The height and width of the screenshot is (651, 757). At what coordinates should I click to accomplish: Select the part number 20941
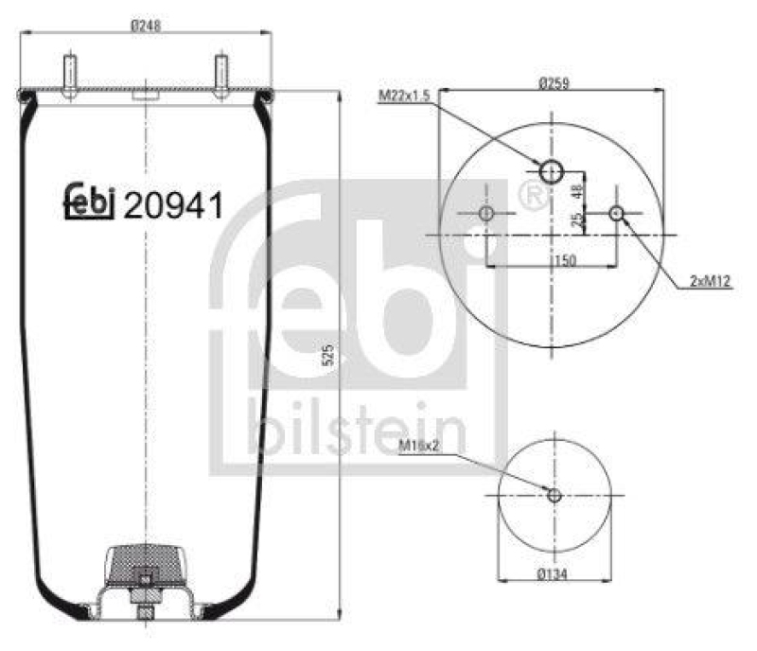173,204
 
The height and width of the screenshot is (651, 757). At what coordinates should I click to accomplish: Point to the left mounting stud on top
71,76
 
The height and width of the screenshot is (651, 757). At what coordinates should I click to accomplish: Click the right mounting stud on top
220,76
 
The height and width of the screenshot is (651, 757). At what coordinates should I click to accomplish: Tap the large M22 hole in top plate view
552,171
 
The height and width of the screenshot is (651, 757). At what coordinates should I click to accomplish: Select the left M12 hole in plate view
486,214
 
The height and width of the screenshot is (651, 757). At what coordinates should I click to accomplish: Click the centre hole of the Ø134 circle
554,495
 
